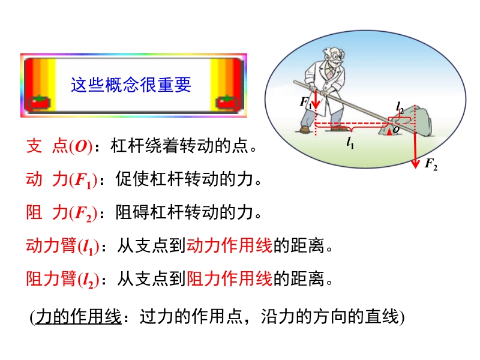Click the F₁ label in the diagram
(305, 102)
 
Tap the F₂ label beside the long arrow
(431, 164)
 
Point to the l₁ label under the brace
(350, 143)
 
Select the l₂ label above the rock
(400, 108)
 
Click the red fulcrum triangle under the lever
(389, 131)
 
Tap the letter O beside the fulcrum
(396, 130)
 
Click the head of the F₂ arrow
(415, 164)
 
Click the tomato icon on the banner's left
(39, 103)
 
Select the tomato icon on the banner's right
(227, 103)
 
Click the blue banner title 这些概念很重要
(131, 85)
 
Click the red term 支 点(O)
(59, 146)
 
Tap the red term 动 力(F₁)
(62, 179)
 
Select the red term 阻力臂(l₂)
(62, 280)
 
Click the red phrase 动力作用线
(229, 245)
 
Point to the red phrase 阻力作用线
(229, 278)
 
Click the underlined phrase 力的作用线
(79, 317)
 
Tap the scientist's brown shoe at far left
(305, 130)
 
